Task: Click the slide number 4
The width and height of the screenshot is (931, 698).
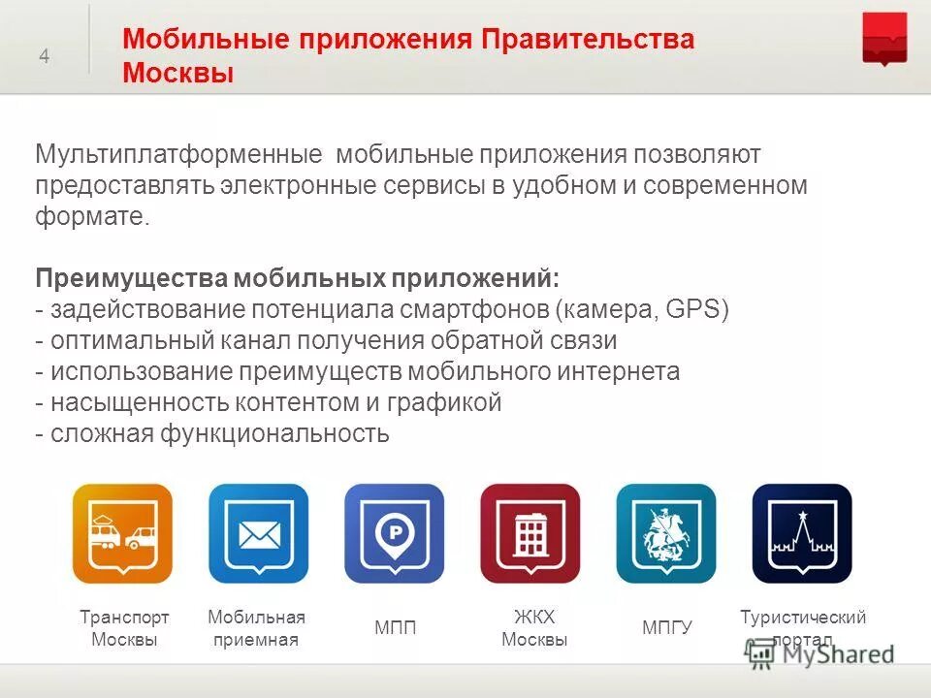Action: pyautogui.click(x=44, y=56)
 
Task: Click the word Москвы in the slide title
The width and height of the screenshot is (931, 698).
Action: pyautogui.click(x=178, y=73)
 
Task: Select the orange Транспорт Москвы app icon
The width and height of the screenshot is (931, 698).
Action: pyautogui.click(x=122, y=533)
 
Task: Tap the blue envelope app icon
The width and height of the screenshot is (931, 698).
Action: pyautogui.click(x=258, y=533)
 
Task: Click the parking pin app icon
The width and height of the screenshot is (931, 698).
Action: pyautogui.click(x=394, y=533)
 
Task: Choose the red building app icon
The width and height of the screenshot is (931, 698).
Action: pyautogui.click(x=530, y=533)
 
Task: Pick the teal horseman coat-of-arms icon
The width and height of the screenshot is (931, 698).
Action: pyautogui.click(x=666, y=533)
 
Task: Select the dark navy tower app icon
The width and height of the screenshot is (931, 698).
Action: pyautogui.click(x=802, y=533)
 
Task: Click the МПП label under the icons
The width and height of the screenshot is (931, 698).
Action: pyautogui.click(x=395, y=628)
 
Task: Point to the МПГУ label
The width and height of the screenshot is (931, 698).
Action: pyautogui.click(x=667, y=628)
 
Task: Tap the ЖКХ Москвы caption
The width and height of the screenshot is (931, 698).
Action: pyautogui.click(x=534, y=628)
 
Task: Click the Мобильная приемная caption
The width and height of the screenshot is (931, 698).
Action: pyautogui.click(x=256, y=628)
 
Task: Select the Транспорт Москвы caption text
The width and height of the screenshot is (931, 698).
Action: pyautogui.click(x=124, y=628)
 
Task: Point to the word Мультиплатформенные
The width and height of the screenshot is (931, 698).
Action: pyautogui.click(x=178, y=155)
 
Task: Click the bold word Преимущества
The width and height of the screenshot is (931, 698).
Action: pyautogui.click(x=132, y=279)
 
